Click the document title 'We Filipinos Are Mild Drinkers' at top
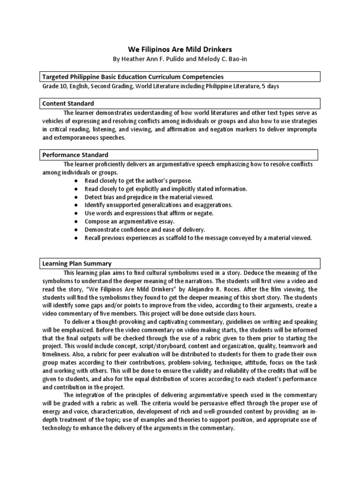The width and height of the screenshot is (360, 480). [180, 49]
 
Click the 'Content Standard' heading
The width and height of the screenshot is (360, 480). [68, 103]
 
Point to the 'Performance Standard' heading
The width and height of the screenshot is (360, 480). [75, 155]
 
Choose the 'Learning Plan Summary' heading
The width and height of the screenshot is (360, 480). [77, 263]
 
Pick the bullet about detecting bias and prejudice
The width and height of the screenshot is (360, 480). [149, 197]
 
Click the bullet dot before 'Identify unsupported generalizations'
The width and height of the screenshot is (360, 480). [75, 205]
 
